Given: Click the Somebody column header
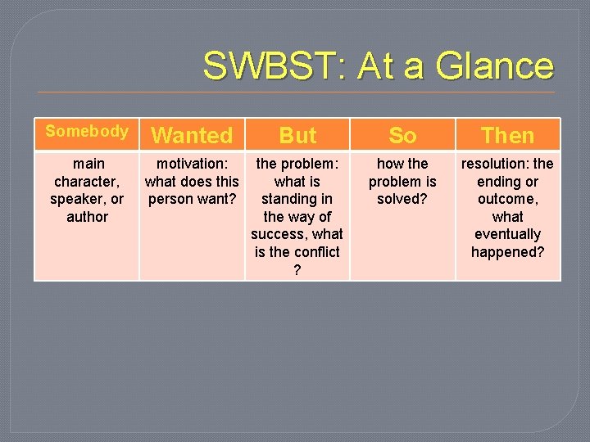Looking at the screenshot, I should coord(86,132).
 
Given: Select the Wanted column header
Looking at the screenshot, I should coord(193,135).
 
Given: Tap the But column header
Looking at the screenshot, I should coord(297,135).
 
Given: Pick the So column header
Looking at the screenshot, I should coord(402,135).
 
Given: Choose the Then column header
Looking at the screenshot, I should coord(507,135).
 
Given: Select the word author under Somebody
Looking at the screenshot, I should coord(87,217).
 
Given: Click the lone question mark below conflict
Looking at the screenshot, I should coord(297,270).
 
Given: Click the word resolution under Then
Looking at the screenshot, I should coord(495,164).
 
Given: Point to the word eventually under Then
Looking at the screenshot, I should coord(507,234).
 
